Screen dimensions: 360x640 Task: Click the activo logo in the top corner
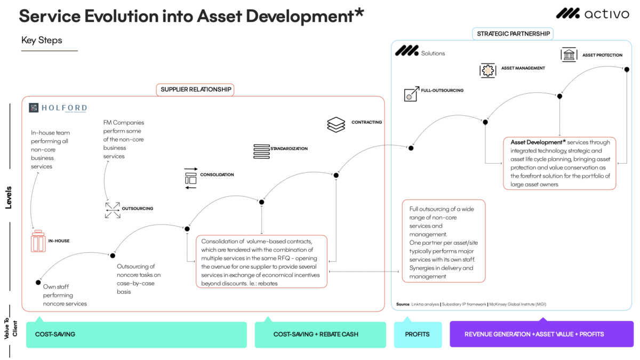pos(592,14)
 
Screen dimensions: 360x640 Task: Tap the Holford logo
pos(58,108)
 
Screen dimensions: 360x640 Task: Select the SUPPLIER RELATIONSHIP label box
pos(196,90)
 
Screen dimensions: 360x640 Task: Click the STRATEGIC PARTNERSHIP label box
pos(513,34)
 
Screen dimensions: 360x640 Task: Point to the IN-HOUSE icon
pos(38,242)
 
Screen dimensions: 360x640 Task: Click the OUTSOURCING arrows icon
pos(113,210)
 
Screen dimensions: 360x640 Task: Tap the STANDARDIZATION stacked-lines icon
pos(261,151)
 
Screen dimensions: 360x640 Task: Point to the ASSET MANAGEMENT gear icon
pos(487,70)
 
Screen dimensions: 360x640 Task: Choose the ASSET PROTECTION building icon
pos(569,55)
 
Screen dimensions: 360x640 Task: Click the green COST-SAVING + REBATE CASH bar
pos(320,334)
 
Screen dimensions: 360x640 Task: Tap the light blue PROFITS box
pos(418,334)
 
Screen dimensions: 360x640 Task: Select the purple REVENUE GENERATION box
pos(541,334)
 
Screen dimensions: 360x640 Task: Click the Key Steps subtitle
pos(42,41)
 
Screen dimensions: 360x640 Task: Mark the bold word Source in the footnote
pos(403,304)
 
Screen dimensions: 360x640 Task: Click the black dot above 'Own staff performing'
pos(38,282)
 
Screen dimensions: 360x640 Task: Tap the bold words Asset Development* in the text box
pos(537,142)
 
